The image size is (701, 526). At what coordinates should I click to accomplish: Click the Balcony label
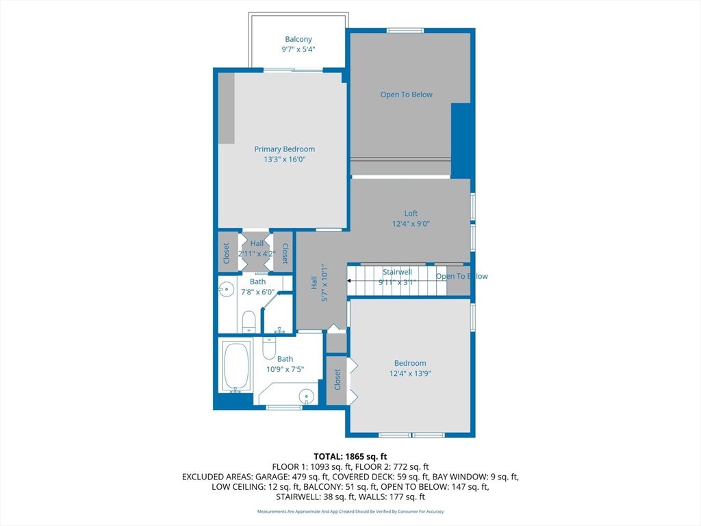click(298, 39)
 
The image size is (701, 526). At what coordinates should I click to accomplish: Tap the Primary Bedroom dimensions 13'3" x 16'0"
click(284, 160)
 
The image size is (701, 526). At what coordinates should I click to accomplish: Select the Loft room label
click(410, 213)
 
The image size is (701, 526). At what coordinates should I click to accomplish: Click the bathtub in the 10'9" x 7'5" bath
click(236, 366)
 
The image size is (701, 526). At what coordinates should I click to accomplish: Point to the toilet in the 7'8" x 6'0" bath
click(249, 320)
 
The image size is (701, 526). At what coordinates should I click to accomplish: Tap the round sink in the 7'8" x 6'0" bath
click(225, 289)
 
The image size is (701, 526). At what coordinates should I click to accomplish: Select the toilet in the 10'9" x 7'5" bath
click(269, 348)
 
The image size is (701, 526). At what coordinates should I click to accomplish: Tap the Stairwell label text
click(397, 272)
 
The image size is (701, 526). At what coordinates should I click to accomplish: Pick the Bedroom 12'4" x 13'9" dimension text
click(410, 374)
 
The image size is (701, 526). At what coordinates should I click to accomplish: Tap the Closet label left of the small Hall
click(227, 253)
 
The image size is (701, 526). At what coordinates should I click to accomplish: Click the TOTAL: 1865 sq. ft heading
click(350, 456)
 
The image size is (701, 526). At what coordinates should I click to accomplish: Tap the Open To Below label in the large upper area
click(407, 95)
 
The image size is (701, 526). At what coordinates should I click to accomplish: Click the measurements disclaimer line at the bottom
click(350, 512)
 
